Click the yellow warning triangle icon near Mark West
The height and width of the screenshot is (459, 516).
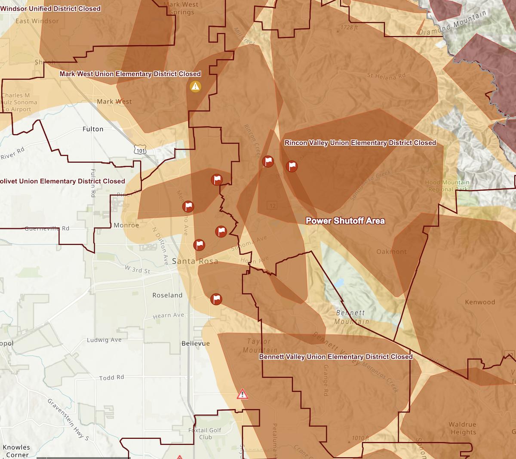[195, 86]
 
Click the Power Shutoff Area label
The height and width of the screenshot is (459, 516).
[345, 221]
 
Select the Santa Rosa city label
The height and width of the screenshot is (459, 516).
[195, 261]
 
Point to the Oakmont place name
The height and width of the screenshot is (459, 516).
[391, 252]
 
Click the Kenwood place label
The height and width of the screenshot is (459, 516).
[480, 302]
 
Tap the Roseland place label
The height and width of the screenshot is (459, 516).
[167, 295]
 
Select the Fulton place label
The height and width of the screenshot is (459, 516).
[93, 129]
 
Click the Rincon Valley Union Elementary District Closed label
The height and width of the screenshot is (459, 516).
[360, 143]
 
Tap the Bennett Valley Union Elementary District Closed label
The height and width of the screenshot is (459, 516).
[335, 357]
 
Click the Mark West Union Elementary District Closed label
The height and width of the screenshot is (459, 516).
[130, 74]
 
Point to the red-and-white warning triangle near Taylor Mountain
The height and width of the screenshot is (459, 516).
[243, 394]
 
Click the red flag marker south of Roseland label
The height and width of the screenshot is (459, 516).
[216, 299]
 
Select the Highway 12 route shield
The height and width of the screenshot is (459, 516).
[272, 206]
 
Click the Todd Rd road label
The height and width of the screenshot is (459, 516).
[111, 378]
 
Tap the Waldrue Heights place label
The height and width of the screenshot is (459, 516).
[462, 428]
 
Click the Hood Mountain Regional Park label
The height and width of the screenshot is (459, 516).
[447, 186]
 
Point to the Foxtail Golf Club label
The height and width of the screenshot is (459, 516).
[205, 434]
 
